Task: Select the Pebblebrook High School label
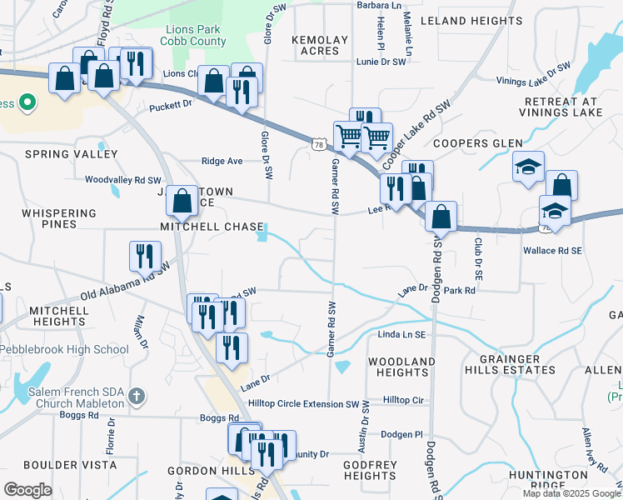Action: [65, 350]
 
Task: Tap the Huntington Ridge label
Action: [571, 480]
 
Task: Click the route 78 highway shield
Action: [319, 145]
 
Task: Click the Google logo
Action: [28, 490]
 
